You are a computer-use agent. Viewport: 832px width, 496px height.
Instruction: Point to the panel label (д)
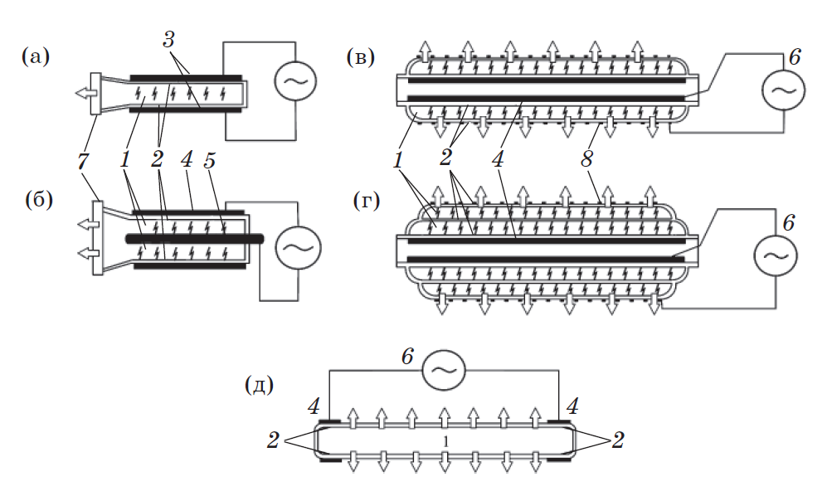pos(260,386)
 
